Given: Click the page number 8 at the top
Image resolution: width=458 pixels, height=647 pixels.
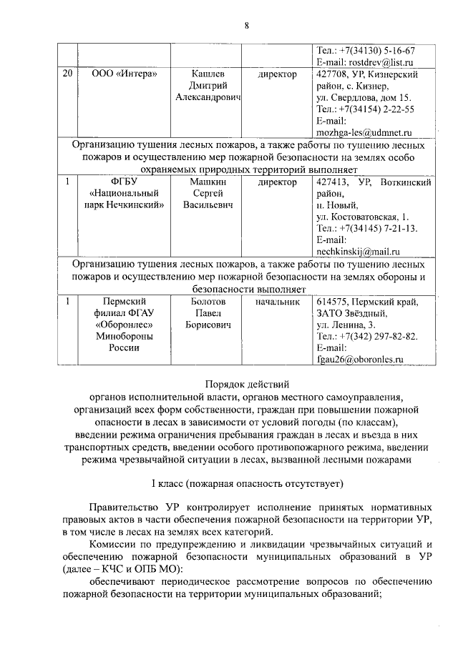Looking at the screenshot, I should tap(246, 26).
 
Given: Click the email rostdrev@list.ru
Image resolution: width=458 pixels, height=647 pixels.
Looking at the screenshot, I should tap(377, 63).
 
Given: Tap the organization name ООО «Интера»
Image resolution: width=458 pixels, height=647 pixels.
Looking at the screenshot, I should tap(126, 74).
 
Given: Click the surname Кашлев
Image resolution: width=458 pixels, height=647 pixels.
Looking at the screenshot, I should tap(208, 74).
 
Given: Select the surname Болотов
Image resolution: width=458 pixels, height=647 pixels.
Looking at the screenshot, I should tap(208, 302).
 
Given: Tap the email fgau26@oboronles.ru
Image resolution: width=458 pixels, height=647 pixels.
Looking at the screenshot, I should tap(360, 360).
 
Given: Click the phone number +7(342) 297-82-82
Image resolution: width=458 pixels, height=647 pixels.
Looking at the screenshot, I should tap(378, 337).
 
